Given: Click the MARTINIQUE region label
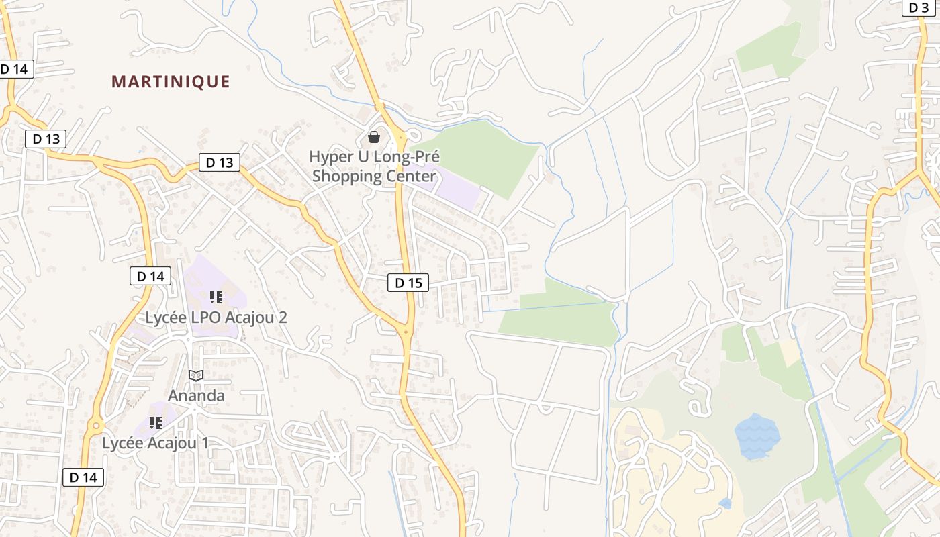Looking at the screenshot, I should click(171, 82).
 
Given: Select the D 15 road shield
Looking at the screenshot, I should click(408, 283).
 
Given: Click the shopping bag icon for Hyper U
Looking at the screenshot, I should click(374, 137).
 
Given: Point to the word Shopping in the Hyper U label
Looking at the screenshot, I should click(347, 177).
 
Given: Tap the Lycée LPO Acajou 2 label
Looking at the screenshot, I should click(216, 317).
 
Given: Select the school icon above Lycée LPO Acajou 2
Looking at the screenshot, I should click(216, 297).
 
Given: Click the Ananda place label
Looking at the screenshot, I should click(196, 395).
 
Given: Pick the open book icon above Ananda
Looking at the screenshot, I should click(196, 375).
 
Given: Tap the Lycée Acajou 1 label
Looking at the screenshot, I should click(155, 443).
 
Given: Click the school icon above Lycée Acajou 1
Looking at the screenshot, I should click(156, 423).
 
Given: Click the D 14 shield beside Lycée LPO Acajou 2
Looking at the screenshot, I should click(150, 276).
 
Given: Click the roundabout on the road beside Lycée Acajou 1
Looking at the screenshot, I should click(95, 425).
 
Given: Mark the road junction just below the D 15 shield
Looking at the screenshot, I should click(406, 330).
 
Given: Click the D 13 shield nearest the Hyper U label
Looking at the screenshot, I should click(220, 162).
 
